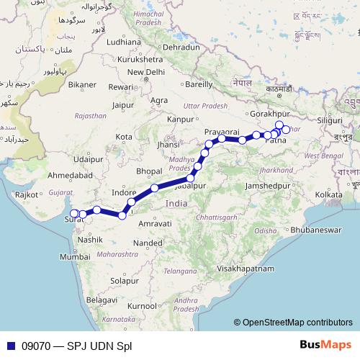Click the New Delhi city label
pos(146,72)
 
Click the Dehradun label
pos(181,47)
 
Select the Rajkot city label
pos(26,194)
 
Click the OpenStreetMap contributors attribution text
pos(297,323)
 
